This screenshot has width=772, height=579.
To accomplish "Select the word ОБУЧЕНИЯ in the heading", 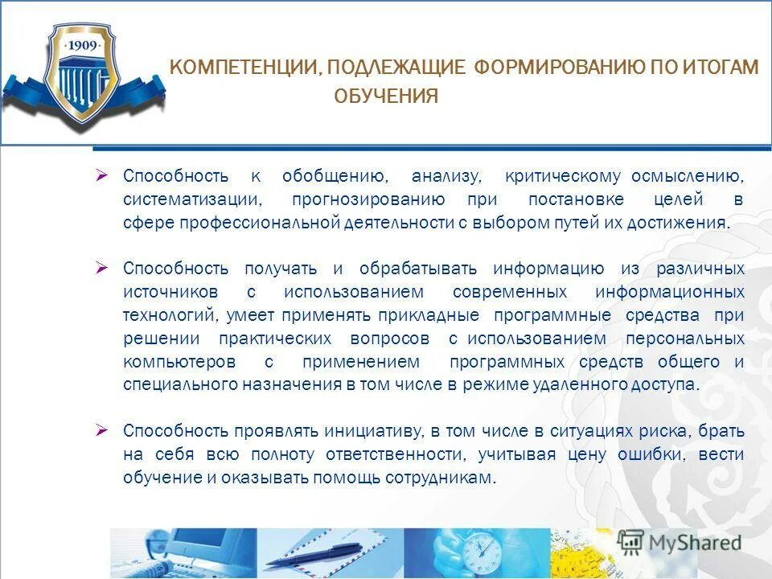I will pos(386,97).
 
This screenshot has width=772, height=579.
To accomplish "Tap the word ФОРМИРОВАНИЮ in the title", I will pos(557,68).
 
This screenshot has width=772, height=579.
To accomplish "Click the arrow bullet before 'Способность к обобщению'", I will pos(101,175).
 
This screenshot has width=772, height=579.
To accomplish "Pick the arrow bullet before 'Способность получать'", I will pos(101,266).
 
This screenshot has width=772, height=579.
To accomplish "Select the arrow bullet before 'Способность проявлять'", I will pos(101,430).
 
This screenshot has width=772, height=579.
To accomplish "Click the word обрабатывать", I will pos(418,268).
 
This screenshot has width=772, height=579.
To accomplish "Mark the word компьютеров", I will pos(180,361).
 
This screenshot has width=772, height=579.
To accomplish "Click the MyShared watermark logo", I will pos(680,542).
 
